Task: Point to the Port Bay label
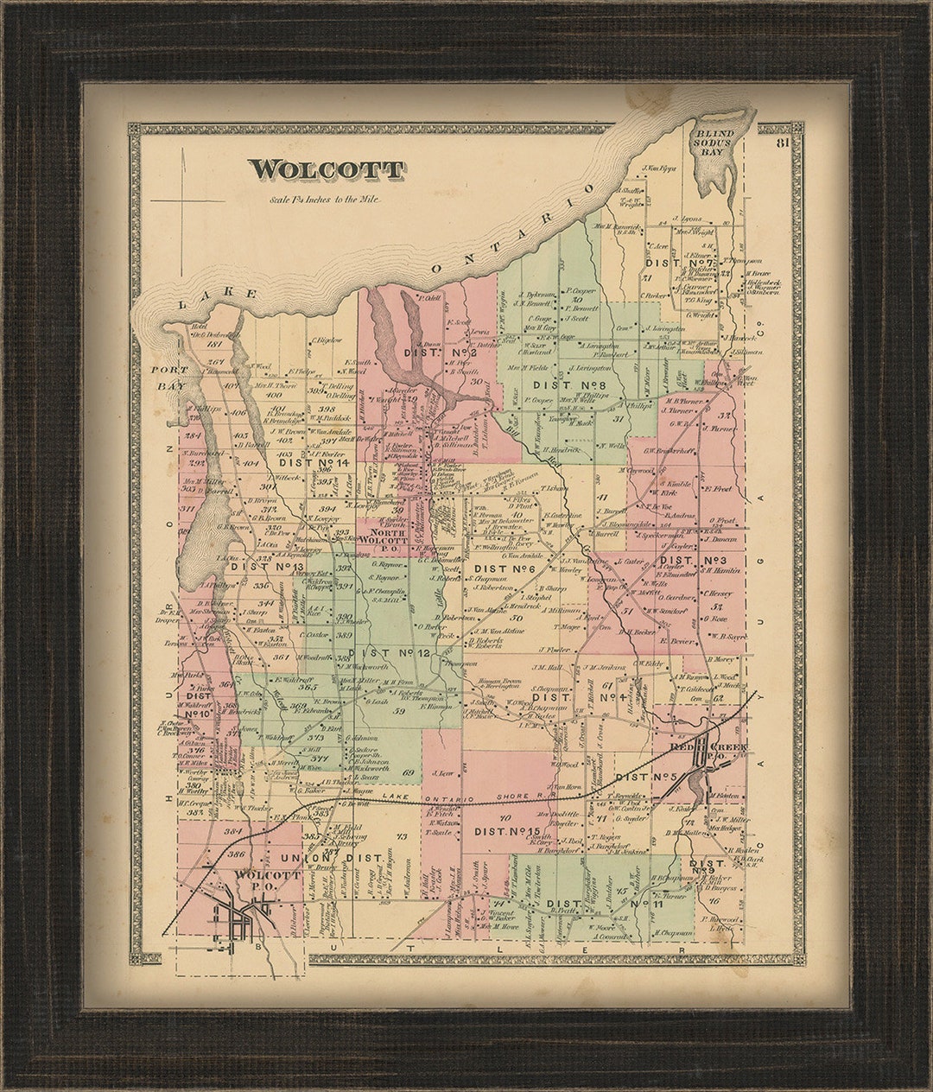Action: pos(169,378)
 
